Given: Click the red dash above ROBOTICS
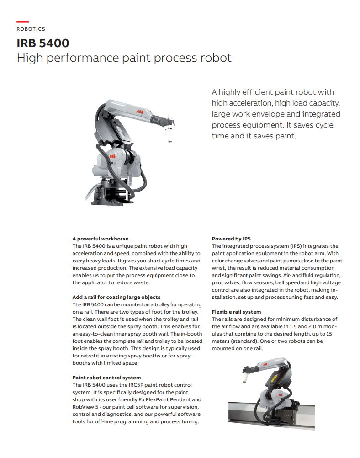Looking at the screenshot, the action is pos(22,21).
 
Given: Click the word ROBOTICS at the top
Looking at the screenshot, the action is pos(31,29).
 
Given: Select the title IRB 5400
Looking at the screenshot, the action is pos(43,43).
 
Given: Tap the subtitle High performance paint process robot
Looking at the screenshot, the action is pos(124,58).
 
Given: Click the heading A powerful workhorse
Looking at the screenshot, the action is pos(101,239).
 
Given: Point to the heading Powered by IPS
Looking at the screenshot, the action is pos(231,239).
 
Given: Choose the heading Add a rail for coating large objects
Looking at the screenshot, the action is pos(116,297).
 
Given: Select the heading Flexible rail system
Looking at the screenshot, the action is pos(237,312).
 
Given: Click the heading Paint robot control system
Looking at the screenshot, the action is pos(106,378).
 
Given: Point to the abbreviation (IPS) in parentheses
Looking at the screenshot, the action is pos(297,246).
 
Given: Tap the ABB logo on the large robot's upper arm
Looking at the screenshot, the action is pos(140,112).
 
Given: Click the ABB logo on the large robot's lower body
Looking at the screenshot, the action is pos(112,157).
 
